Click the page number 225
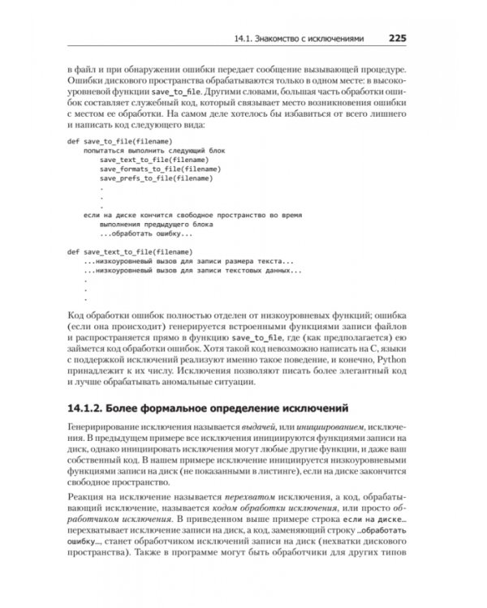pos(403,37)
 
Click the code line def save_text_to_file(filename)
pos(129,251)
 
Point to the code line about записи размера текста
pos(188,261)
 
